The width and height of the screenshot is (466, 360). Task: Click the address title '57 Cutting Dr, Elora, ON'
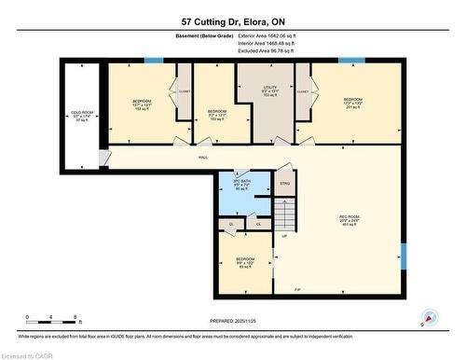232,21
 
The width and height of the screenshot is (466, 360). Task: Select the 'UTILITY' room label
270,90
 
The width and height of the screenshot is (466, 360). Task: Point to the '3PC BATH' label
240,185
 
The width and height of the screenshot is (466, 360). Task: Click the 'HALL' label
202,158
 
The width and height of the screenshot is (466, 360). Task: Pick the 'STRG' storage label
285,185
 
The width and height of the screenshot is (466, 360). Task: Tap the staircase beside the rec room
285,220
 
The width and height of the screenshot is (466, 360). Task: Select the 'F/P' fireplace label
298,292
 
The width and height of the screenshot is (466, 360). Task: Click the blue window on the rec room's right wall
404,254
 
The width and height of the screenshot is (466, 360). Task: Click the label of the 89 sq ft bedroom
244,262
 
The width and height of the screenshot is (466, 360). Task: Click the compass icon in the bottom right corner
430,317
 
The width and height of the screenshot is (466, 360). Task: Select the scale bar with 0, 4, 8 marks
54,317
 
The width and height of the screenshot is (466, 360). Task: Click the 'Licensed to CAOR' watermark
29,353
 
